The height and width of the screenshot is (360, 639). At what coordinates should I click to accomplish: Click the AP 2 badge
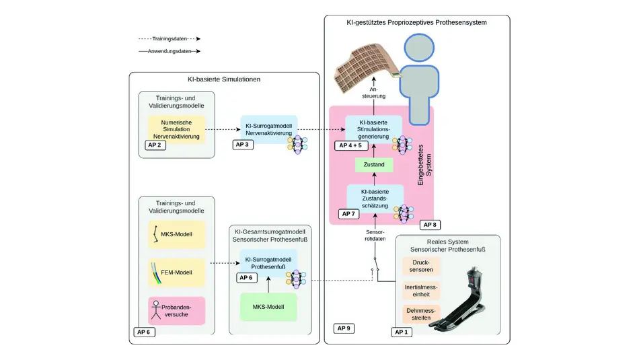pyautogui.click(x=155, y=144)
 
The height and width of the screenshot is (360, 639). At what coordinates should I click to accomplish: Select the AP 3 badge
pyautogui.click(x=243, y=144)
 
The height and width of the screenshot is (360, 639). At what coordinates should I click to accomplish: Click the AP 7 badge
pyautogui.click(x=348, y=213)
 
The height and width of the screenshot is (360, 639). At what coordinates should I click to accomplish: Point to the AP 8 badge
pyautogui.click(x=429, y=225)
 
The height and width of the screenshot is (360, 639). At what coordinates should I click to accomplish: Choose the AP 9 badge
pyautogui.click(x=343, y=328)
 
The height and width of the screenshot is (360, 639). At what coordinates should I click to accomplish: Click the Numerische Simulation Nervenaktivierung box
pyautogui.click(x=176, y=127)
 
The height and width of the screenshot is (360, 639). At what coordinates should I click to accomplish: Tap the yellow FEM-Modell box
pyautogui.click(x=176, y=273)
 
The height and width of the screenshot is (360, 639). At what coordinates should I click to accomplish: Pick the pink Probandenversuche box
pyautogui.click(x=176, y=310)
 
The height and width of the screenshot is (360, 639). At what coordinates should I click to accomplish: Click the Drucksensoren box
pyautogui.click(x=422, y=266)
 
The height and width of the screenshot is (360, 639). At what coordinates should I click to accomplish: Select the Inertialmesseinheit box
pyautogui.click(x=422, y=290)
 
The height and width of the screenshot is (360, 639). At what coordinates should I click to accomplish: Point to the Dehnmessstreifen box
pyautogui.click(x=422, y=314)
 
